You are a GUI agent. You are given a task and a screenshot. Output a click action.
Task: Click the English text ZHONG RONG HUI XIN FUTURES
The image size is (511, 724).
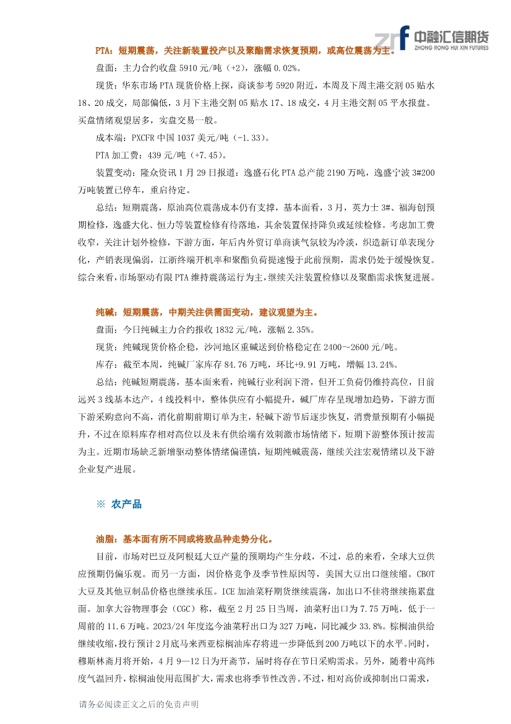450,47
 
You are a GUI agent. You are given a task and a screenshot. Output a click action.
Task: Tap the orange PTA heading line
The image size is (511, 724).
245,50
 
